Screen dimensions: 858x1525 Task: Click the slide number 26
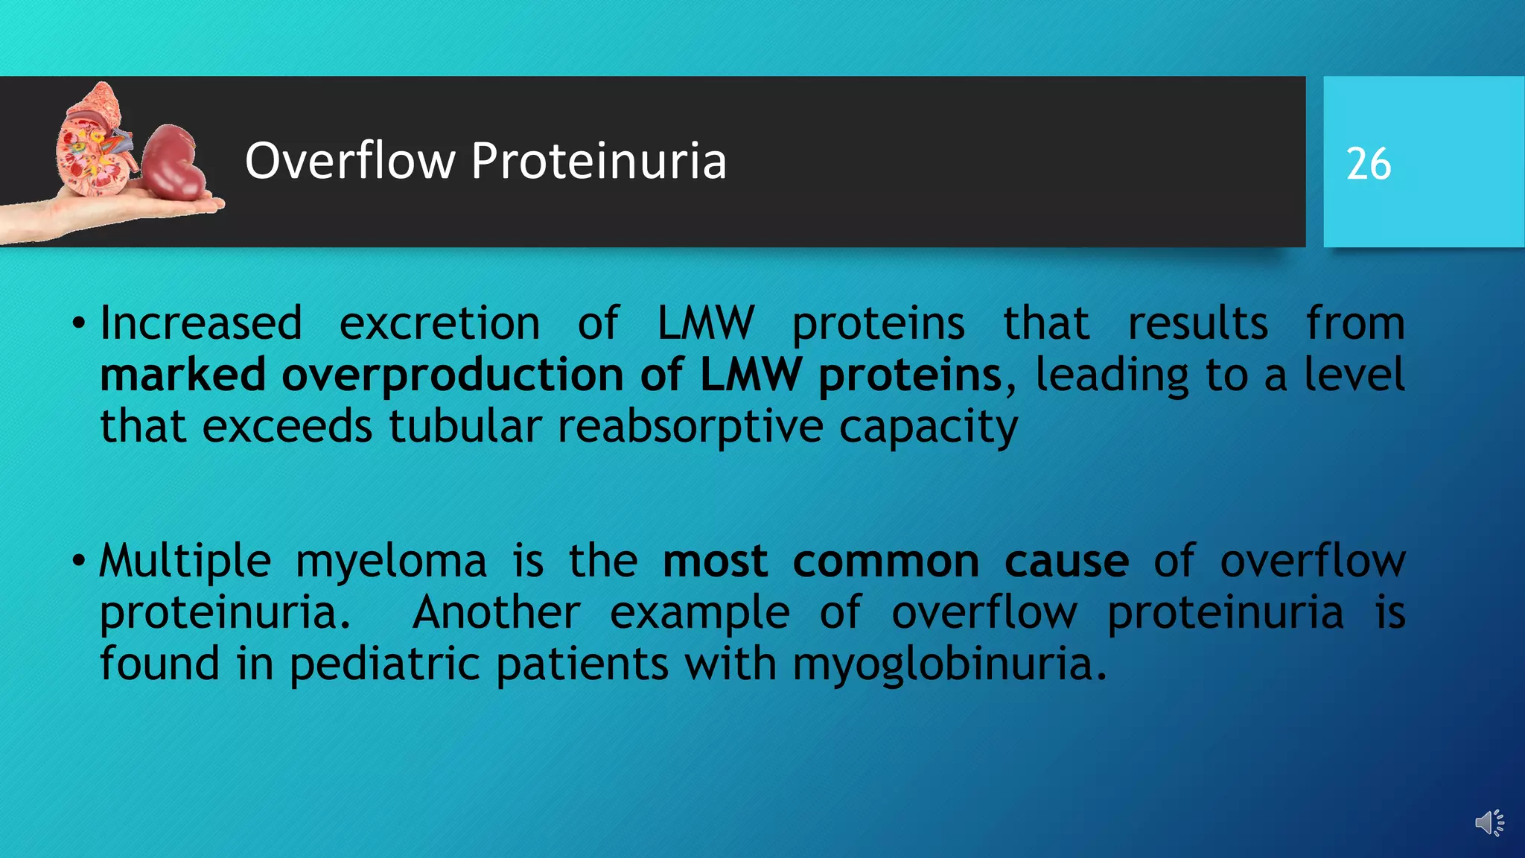tap(1368, 164)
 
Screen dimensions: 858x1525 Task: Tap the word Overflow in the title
tap(350, 161)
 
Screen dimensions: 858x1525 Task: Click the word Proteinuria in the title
tap(599, 161)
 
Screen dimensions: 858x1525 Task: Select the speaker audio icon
tap(1489, 823)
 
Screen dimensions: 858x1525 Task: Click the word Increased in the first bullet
tap(201, 323)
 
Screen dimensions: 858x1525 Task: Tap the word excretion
tap(439, 323)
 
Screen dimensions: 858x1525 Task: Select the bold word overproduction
tap(452, 375)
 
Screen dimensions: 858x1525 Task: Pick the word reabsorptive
tap(690, 428)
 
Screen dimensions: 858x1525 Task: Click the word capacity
tap(928, 428)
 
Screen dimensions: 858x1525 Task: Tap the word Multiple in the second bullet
tap(185, 561)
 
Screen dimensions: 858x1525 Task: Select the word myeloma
tap(391, 562)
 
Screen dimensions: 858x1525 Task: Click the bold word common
tap(885, 561)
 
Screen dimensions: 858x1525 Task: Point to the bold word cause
tap(1066, 561)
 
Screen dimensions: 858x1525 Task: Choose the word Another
tap(496, 612)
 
